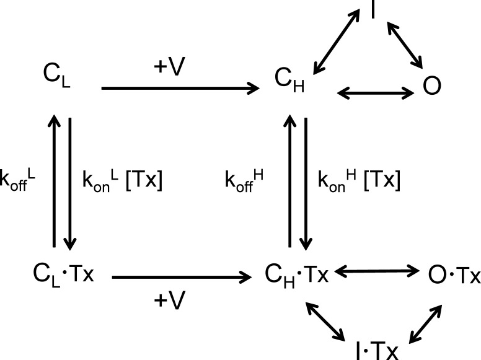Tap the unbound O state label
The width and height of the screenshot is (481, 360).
431,87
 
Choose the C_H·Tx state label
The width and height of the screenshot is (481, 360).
297,273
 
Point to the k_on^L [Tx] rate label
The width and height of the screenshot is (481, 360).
123,182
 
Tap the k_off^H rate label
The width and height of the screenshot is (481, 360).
245,182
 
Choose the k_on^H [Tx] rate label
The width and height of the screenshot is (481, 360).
359,182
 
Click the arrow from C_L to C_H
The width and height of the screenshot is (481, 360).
180,89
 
